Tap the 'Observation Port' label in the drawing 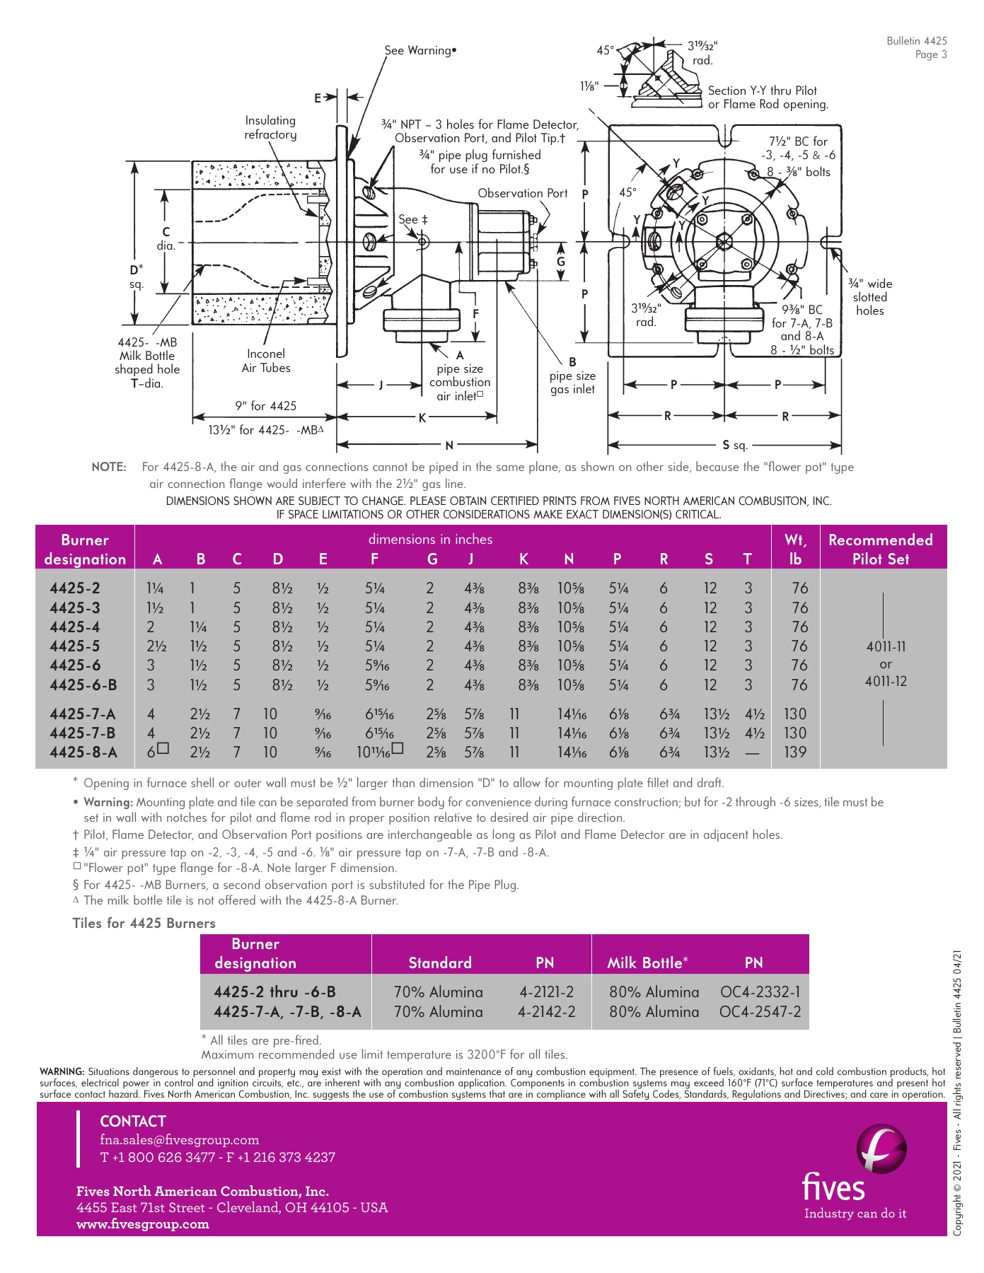click(x=522, y=193)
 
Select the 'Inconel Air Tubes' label click(x=266, y=361)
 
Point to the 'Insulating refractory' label click(x=270, y=127)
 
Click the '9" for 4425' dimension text click(x=266, y=406)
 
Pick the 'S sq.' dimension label click(x=734, y=446)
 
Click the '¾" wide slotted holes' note click(x=870, y=297)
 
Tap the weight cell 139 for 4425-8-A click(x=795, y=752)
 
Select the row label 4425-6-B click(x=83, y=685)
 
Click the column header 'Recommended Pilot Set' click(x=880, y=549)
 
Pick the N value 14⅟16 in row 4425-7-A click(x=572, y=714)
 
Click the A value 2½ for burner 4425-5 click(x=156, y=646)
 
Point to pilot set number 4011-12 click(x=886, y=681)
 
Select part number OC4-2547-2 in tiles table click(x=760, y=1011)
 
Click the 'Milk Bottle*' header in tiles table click(x=647, y=963)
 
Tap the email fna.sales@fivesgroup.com click(x=180, y=1139)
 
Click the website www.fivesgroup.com click(x=143, y=1224)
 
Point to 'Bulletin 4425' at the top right click(x=916, y=41)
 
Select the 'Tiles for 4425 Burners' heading click(x=144, y=923)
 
